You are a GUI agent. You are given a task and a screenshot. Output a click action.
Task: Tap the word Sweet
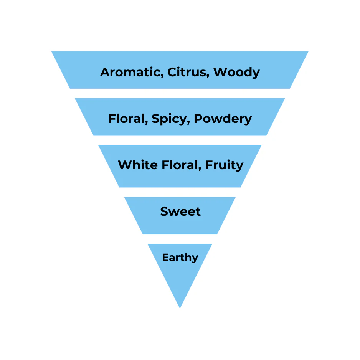[180, 211]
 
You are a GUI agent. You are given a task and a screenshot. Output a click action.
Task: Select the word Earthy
[180, 258]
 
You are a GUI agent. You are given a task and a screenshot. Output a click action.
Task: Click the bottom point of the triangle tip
[180, 308]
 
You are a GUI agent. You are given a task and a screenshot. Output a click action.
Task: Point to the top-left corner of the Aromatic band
[51, 51]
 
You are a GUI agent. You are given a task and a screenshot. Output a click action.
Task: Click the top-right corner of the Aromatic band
[308, 51]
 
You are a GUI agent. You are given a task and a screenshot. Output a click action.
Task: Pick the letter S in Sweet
[165, 211]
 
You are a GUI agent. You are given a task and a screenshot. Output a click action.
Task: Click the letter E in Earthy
[166, 258]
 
